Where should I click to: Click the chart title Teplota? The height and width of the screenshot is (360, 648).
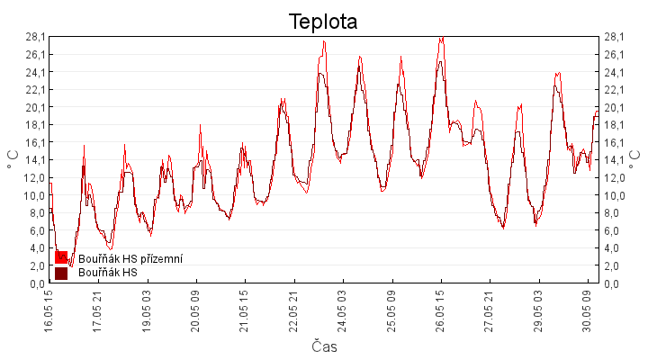tap(323, 22)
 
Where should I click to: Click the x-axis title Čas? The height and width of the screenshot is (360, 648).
tap(324, 346)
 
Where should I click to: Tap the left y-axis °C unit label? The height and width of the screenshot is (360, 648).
tap(13, 159)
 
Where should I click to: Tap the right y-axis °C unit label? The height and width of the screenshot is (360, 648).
tap(634, 159)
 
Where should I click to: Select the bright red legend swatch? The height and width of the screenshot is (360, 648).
tap(61, 257)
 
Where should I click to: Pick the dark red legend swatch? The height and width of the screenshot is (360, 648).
tap(61, 274)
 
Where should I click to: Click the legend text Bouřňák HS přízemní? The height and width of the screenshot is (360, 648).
tap(130, 258)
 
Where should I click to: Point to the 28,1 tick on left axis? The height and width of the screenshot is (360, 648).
tap(35, 37)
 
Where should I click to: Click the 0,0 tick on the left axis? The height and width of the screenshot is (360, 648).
tap(37, 283)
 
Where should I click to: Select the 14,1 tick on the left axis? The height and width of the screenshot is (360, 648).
tap(35, 160)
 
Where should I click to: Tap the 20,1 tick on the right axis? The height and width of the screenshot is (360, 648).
tap(614, 107)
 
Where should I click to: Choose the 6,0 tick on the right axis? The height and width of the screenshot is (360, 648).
tap(612, 230)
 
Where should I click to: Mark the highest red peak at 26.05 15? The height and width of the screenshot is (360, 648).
tap(442, 37)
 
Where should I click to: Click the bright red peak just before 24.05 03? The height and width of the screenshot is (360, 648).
tap(324, 40)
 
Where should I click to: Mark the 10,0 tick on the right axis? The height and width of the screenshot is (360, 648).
tap(614, 195)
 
